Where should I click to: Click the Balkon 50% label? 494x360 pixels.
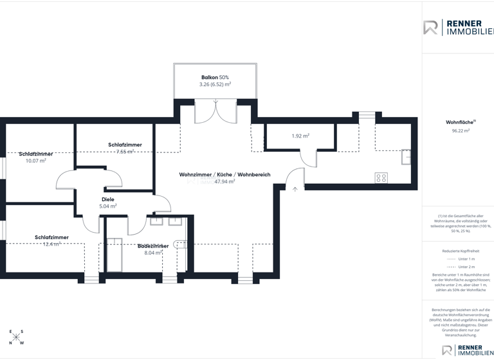click(x=215, y=77)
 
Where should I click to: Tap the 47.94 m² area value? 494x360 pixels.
click(x=224, y=182)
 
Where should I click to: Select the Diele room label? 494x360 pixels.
click(x=107, y=199)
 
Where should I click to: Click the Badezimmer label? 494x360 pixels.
click(x=153, y=246)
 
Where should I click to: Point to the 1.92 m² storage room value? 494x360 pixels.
click(x=300, y=136)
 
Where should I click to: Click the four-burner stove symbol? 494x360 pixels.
click(x=381, y=177)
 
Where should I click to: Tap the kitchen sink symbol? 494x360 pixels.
click(x=406, y=157)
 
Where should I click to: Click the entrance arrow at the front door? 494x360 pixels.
click(x=295, y=189)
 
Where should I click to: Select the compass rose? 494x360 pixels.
click(x=16, y=337)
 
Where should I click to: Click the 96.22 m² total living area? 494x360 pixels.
click(x=461, y=130)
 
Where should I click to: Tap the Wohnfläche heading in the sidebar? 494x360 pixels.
click(x=460, y=122)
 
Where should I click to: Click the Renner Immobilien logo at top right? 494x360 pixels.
click(x=458, y=28)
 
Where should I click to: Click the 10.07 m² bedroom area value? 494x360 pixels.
click(x=35, y=161)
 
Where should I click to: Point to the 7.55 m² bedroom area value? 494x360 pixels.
click(x=125, y=152)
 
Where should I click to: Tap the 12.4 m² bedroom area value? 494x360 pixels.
click(x=51, y=244)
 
